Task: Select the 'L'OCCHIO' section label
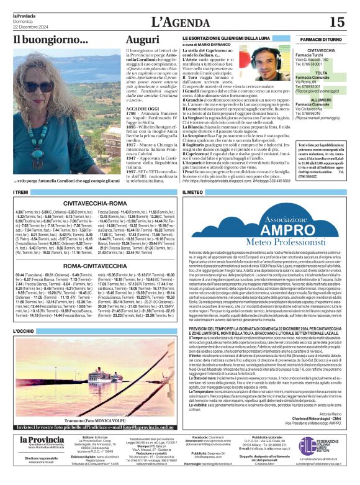pos(23,332)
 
